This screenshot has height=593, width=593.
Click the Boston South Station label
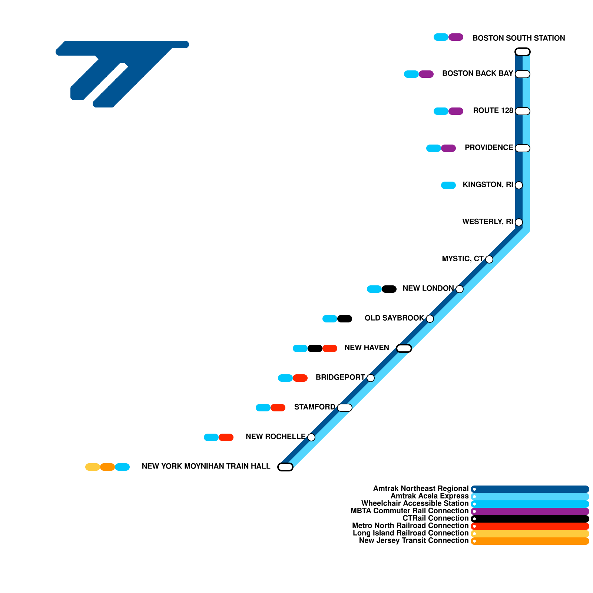point(519,38)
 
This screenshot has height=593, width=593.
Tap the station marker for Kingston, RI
point(519,185)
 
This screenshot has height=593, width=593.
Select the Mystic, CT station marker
point(489,259)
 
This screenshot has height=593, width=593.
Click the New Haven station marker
point(404,348)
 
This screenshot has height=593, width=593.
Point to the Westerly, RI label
point(487,222)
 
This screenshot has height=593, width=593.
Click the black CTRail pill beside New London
point(389,289)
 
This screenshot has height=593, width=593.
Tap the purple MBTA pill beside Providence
point(448,148)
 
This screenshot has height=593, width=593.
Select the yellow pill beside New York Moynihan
point(93,467)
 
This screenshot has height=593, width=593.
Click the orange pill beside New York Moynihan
point(107,467)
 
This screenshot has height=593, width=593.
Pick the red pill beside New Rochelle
point(226,437)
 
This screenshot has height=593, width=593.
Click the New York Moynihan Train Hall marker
point(285,467)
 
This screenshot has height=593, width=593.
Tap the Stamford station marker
point(345,408)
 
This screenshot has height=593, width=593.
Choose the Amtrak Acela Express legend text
point(430,496)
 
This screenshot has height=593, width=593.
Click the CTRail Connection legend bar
point(530,519)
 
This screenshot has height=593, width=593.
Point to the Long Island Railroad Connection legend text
point(411,533)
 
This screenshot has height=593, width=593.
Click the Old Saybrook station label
point(394,318)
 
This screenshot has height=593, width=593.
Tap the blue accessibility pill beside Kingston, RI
point(448,185)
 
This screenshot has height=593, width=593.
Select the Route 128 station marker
point(523,111)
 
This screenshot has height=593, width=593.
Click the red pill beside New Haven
point(330,348)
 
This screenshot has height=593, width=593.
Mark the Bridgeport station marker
point(371,378)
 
